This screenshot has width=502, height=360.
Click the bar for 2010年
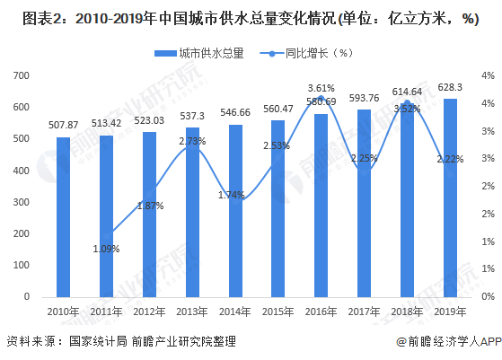[63, 217]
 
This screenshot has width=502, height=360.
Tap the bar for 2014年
[234, 211]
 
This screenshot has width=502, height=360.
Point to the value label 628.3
[449, 88]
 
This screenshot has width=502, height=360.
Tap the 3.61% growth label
[321, 88]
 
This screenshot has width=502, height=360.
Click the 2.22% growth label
[448, 159]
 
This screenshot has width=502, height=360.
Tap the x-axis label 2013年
[191, 311]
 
